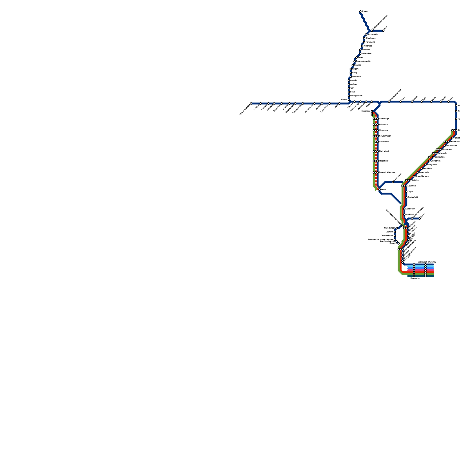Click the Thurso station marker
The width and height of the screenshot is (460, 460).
click(360, 11)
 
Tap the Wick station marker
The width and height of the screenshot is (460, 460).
click(383, 30)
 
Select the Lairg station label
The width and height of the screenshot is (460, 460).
click(354, 73)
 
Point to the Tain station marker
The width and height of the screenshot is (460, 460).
click(349, 88)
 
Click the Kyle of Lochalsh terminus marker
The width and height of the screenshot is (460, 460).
click(251, 103)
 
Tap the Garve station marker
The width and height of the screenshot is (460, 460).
click(339, 103)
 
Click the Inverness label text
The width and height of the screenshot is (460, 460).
click(366, 111)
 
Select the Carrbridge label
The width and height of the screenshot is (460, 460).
click(384, 119)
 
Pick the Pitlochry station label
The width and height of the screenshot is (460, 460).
click(384, 161)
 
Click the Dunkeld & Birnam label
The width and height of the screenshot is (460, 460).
click(387, 172)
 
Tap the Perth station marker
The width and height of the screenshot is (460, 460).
click(379, 190)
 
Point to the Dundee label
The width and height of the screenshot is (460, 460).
click(415, 180)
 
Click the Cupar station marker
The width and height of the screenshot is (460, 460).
click(406, 191)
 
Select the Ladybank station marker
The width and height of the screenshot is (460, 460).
click(405, 209)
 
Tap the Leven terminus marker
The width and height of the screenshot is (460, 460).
click(420, 218)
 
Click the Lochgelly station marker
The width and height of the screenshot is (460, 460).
click(395, 232)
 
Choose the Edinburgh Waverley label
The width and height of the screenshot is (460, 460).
click(427, 262)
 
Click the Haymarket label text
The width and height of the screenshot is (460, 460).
click(415, 278)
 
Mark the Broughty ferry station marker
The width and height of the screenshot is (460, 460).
click(414, 176)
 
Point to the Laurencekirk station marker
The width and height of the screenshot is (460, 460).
click(445, 145)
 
